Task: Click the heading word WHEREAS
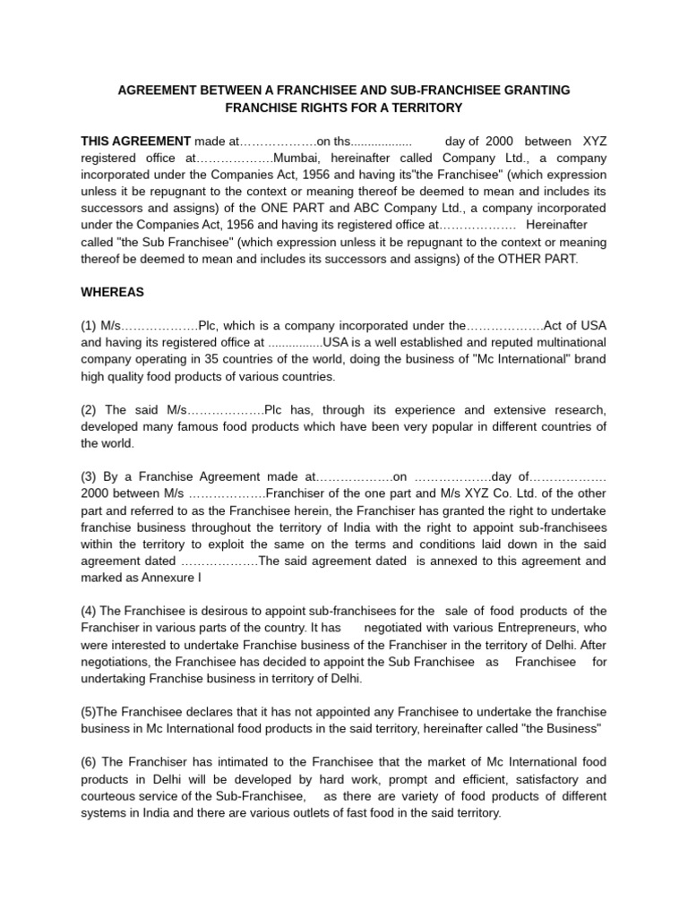(112, 292)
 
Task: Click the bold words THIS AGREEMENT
(136, 141)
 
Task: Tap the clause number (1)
(90, 325)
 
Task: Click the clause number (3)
(90, 476)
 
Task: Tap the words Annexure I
(173, 578)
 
